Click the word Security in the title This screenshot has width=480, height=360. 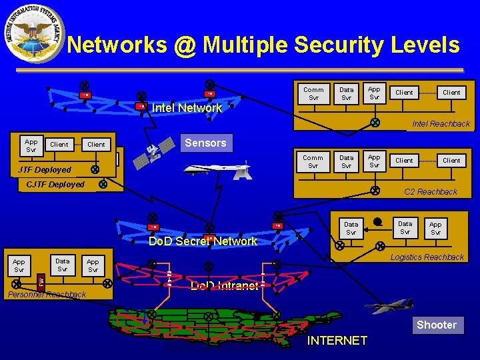coord(340,45)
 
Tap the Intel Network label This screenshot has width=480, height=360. coord(187,108)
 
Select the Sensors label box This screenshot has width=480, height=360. coord(205,143)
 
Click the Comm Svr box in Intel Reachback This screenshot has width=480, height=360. coord(313,93)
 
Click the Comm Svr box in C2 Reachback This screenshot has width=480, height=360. coord(313,162)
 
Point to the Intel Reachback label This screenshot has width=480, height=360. coord(441,123)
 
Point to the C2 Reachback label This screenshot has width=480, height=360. coord(430,192)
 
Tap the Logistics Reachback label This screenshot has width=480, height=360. coord(427,257)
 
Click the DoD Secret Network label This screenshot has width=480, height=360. coord(203,241)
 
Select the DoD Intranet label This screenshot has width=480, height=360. coord(224,286)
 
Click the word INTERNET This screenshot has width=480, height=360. coord(337,341)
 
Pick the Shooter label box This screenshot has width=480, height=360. coord(437,325)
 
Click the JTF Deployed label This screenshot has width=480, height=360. coord(44,169)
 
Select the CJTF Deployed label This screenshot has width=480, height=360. coord(55,185)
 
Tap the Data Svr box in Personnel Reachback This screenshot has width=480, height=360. coord(62,265)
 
